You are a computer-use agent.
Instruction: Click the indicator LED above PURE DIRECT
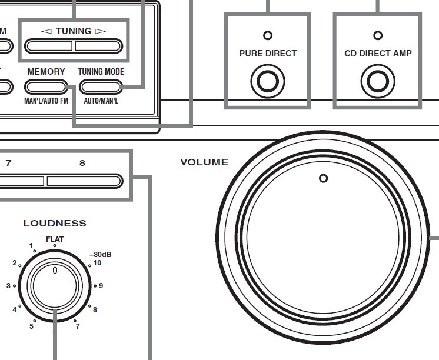268,35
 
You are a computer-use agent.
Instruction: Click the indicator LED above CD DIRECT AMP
378,35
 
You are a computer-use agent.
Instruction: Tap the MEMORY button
46,87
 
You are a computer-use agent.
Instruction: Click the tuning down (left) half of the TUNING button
49,46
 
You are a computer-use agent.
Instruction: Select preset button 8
84,180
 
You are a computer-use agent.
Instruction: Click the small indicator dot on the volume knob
322,178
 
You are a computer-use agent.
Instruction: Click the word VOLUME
204,162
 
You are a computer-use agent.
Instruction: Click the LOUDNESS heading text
55,223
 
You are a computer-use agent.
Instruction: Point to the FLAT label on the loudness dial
55,239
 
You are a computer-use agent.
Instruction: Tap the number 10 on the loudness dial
97,263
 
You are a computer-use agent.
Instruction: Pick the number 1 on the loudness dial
31,246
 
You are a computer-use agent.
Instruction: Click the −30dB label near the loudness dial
100,255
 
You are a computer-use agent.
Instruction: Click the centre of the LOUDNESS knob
55,285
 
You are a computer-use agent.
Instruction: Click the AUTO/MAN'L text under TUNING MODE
101,101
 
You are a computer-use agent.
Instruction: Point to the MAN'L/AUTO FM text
46,101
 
